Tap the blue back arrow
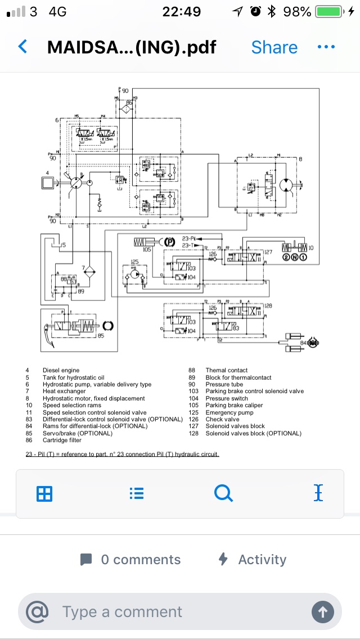[x=23, y=47]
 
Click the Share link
[x=274, y=47]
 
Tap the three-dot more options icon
[x=326, y=47]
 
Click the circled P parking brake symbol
[x=169, y=242]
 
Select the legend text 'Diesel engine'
[x=61, y=370]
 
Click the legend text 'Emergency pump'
[x=229, y=412]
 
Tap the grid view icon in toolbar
[x=44, y=494]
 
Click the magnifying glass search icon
[x=223, y=493]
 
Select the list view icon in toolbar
[x=136, y=494]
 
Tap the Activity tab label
[x=262, y=560]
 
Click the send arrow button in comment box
[x=323, y=612]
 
